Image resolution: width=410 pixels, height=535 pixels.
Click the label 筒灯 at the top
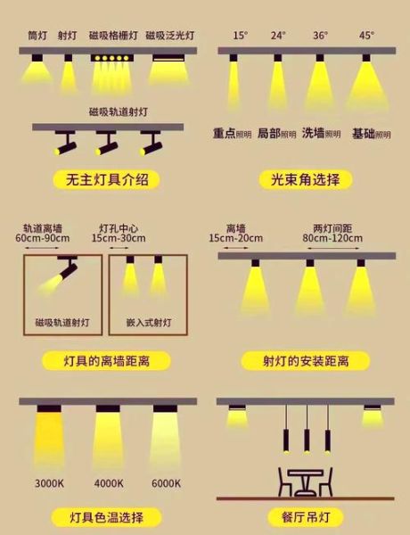pos(37,37)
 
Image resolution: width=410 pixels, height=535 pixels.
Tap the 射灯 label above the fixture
pos(68,37)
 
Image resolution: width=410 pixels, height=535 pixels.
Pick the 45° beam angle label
pos(366,36)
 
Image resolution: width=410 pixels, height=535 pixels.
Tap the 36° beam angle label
pos(321,36)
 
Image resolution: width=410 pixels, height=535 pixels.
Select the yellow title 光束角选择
pos(306,180)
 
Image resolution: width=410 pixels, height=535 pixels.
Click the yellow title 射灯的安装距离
pos(306,361)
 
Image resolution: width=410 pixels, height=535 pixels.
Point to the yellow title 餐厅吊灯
pos(306,517)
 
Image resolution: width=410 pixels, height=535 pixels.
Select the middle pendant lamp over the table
pos(306,440)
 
